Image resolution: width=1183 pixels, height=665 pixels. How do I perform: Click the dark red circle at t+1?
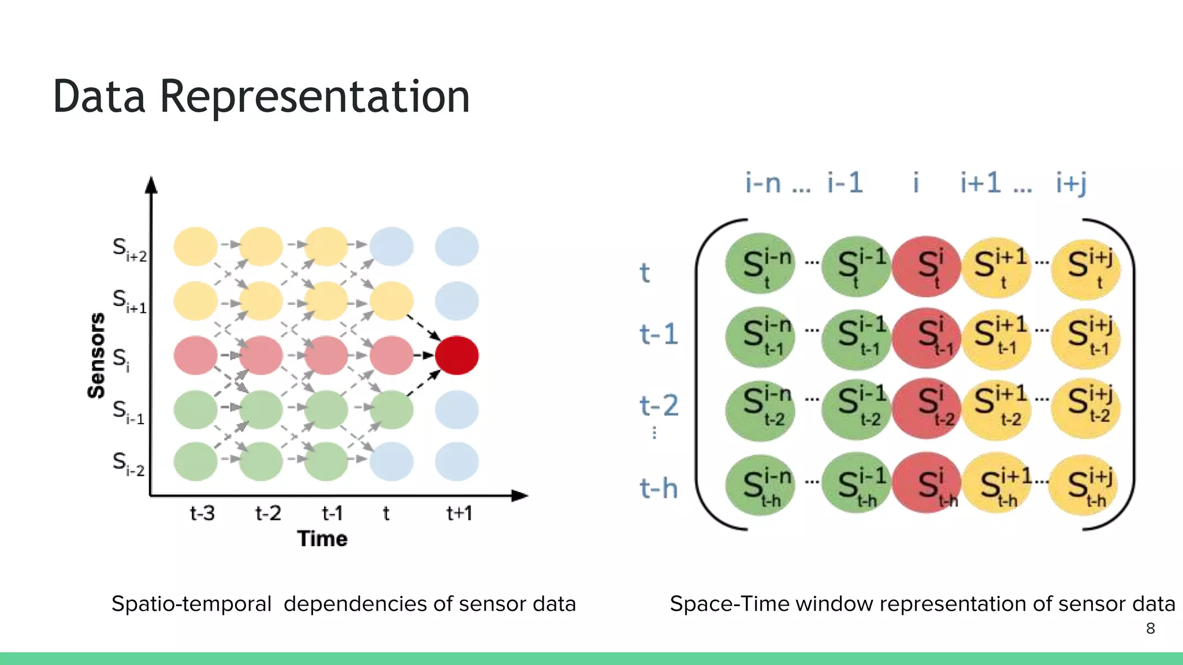(x=456, y=355)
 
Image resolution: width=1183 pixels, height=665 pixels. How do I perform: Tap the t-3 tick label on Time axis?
(x=202, y=513)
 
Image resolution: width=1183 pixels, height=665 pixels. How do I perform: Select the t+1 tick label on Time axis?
(x=460, y=513)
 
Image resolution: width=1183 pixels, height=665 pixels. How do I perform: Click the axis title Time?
(x=322, y=539)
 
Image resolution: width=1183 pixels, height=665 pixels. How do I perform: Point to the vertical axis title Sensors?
(x=96, y=356)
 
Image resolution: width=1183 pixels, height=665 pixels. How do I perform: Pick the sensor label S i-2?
(x=128, y=463)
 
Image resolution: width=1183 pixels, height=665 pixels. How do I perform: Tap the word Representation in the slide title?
(x=315, y=96)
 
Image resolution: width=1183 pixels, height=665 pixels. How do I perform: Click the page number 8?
(x=1150, y=628)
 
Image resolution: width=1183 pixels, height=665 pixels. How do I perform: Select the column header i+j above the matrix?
(x=1071, y=183)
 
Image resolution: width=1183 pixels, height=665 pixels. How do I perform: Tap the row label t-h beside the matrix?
(x=659, y=488)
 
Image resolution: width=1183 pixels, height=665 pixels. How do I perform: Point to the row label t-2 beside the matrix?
(x=659, y=405)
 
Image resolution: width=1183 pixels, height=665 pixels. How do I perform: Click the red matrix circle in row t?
(x=927, y=266)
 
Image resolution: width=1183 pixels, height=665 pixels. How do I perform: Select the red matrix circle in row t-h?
(x=927, y=484)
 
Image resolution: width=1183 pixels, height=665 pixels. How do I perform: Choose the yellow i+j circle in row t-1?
(x=1086, y=337)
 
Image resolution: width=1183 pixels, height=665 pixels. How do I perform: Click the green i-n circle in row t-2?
(x=760, y=408)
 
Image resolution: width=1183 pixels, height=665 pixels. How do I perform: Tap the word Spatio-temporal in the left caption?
(x=191, y=604)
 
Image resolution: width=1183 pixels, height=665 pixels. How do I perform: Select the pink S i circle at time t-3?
(x=196, y=355)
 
